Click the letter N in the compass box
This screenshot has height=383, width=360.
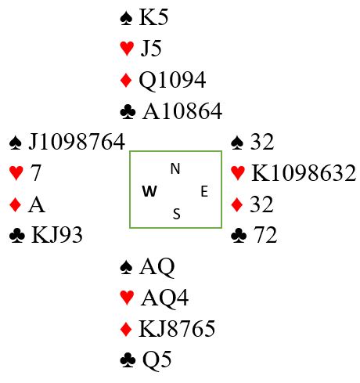coord(175,168)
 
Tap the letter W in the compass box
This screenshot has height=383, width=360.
coord(149,191)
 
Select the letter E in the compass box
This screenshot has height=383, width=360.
coord(204,191)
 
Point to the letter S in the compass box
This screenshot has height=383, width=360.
coord(177,214)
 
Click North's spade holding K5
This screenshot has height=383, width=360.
coord(153,17)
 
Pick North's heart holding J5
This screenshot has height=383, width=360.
coord(151,49)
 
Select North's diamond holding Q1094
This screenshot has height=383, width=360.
coord(172,80)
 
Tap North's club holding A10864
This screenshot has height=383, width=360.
coord(182,111)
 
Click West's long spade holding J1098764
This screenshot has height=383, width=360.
coord(77,142)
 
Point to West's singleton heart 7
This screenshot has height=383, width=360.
coord(36,172)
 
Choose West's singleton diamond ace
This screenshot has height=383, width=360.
coord(37,204)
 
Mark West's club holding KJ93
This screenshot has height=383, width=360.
coord(57,235)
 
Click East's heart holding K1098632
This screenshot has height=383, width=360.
coord(304,172)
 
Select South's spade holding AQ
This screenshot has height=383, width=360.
coord(157,267)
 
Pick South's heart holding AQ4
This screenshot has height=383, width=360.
coord(164,298)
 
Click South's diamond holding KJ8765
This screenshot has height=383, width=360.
coord(177,328)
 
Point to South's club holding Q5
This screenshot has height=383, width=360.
coord(157,360)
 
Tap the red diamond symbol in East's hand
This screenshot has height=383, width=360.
coord(237,204)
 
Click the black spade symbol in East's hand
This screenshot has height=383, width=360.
coord(237,143)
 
